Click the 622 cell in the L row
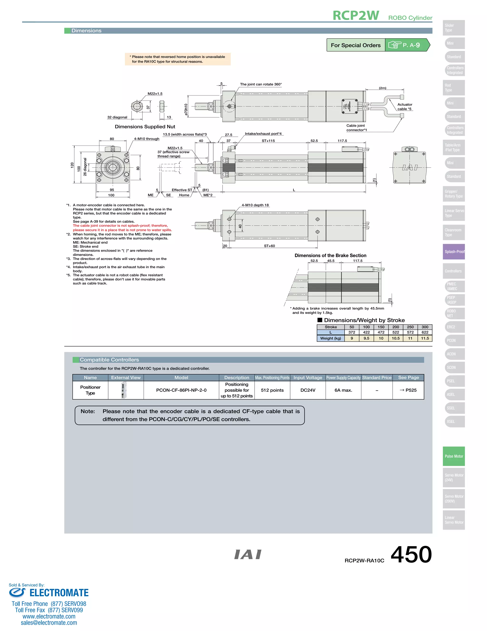[425, 332]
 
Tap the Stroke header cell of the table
[331, 327]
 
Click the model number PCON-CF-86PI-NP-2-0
[181, 390]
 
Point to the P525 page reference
[408, 390]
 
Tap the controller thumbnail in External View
[124, 390]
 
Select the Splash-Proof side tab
[454, 252]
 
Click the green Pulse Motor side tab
[454, 456]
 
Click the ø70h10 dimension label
[186, 110]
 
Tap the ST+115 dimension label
[268, 141]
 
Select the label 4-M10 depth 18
[255, 205]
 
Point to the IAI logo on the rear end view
[410, 168]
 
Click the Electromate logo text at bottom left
[59, 593]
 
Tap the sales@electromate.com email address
[49, 623]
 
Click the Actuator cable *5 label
[404, 107]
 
